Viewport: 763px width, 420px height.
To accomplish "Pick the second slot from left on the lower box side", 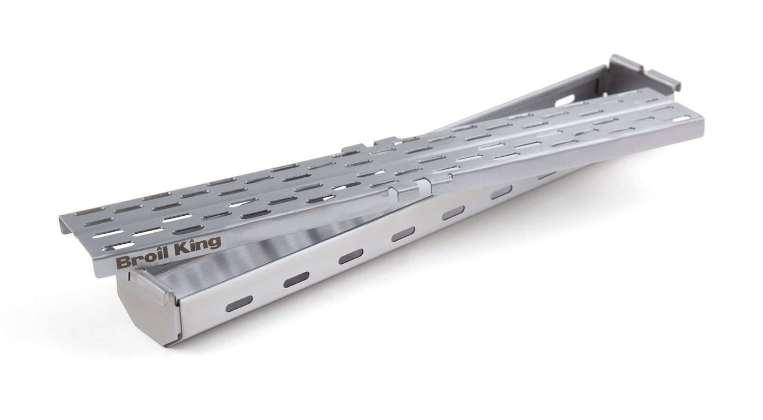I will pyautogui.click(x=296, y=280).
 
